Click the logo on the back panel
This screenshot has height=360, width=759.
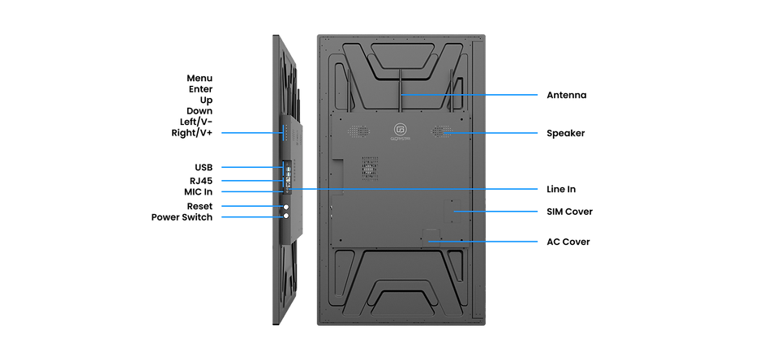(x=400, y=130)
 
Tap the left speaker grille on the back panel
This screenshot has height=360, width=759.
(x=354, y=131)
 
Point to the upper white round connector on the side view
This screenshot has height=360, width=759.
(x=285, y=207)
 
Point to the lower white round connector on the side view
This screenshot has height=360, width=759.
(x=285, y=216)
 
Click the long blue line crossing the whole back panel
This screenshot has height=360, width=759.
(x=422, y=188)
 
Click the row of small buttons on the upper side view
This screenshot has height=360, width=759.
(x=284, y=131)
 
